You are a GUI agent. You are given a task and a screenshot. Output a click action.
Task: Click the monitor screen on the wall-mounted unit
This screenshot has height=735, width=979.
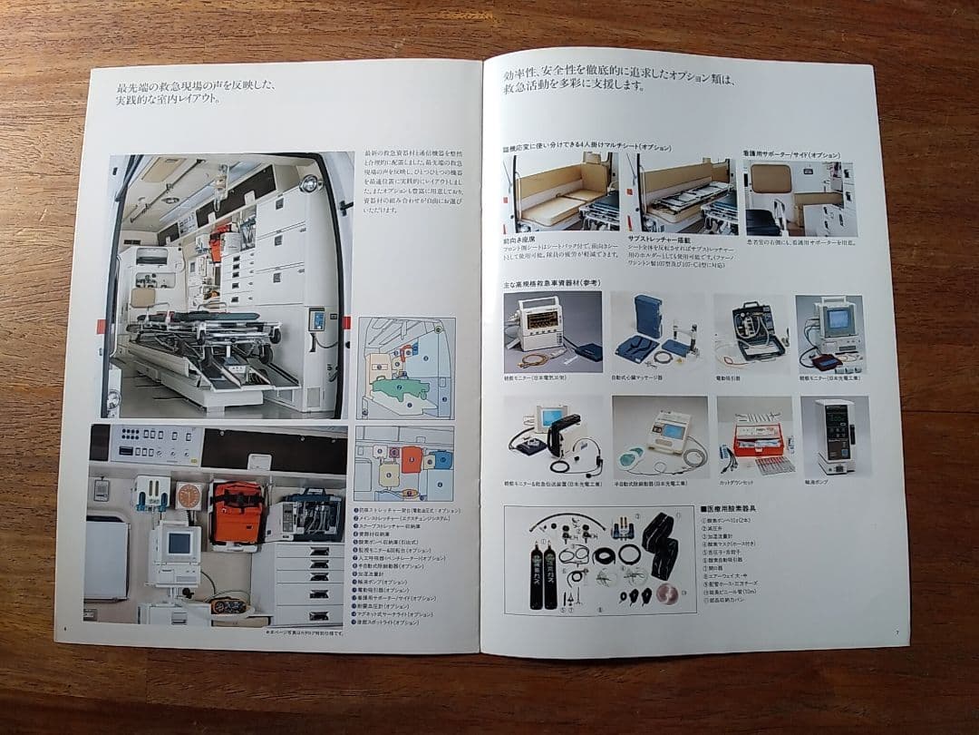[x=179, y=543]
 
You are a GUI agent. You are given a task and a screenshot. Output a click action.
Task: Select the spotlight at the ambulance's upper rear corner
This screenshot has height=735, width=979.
[x=311, y=183]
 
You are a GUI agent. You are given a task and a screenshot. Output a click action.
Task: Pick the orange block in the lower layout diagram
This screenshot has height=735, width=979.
[x=412, y=459]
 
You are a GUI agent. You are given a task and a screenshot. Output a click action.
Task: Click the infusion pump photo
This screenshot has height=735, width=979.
[x=833, y=436]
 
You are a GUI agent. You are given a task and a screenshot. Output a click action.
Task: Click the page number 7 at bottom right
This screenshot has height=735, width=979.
[x=896, y=632]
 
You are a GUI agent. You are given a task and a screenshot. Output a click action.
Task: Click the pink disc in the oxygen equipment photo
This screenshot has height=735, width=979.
[x=666, y=593]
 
